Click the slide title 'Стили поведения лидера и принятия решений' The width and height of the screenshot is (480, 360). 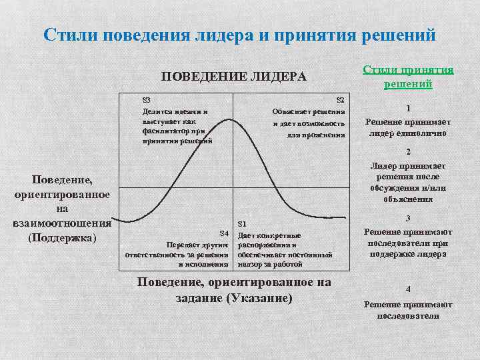pos(239,34)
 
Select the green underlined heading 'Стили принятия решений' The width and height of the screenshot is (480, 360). pos(408,77)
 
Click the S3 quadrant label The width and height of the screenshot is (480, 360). pos(147,99)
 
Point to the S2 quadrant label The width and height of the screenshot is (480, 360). pos(339,99)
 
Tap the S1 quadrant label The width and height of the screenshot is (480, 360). pos(242,223)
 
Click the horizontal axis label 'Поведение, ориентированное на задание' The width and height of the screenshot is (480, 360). pos(233,282)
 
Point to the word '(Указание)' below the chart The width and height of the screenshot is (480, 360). pos(259,298)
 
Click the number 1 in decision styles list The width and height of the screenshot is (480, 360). pos(408,109)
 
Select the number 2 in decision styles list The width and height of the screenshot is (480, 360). pos(408,152)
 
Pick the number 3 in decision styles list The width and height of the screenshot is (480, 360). pos(408,217)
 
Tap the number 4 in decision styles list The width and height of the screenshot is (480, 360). pos(408,289)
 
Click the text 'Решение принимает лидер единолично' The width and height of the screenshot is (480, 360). pos(408,127)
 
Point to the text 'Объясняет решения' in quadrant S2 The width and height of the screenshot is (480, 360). pos(308,111)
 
